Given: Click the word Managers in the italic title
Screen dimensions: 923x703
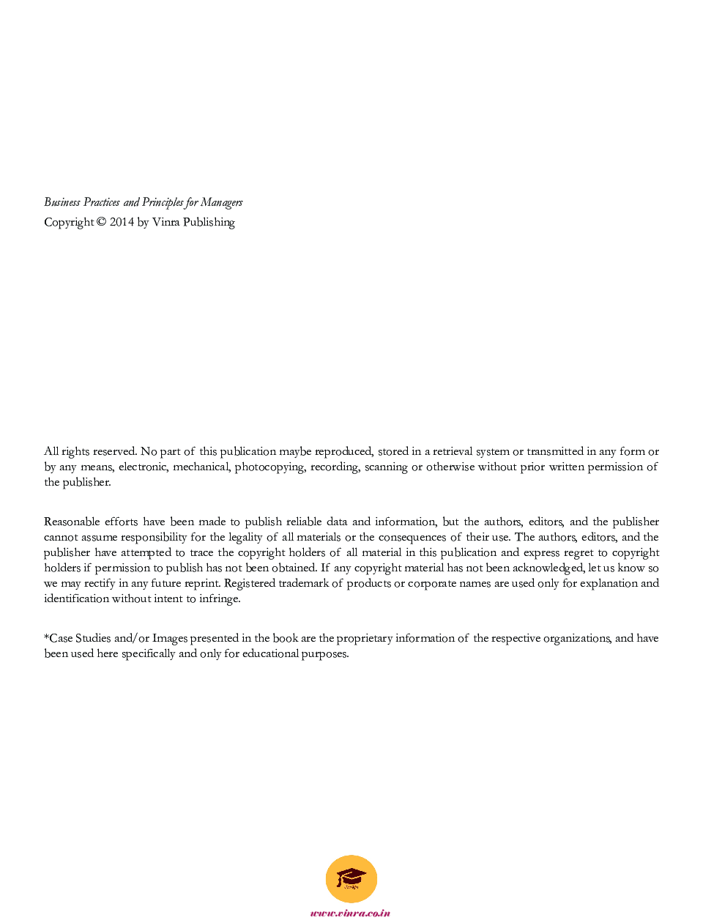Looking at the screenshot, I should pos(221,202).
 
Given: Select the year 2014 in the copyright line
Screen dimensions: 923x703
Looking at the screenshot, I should pos(122,222).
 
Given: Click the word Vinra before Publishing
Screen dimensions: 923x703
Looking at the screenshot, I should pos(165,222).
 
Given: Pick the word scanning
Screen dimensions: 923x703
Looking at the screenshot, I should pos(386,467).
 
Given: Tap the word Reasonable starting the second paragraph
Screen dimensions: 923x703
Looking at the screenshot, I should pos(71,522).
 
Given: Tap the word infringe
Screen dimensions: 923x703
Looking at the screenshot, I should pos(219,598).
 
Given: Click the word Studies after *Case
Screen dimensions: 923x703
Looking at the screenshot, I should pos(93,638).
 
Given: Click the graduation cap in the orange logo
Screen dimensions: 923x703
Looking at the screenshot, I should pos(351,876).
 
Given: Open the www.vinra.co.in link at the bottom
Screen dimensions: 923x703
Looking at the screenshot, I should pos(350,913).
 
